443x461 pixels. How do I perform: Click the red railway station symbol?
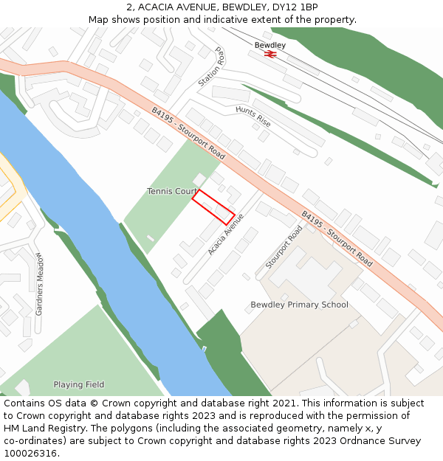(271, 54)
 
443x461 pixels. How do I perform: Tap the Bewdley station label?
(270, 45)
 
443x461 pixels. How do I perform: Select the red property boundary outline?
(213, 207)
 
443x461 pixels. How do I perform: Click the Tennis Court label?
(172, 191)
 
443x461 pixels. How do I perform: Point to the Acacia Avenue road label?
(226, 235)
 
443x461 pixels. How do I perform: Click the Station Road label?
(211, 67)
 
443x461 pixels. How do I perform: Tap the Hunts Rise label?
(253, 116)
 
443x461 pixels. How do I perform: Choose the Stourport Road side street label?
(284, 246)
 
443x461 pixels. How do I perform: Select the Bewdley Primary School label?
(299, 305)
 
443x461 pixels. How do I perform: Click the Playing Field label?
(78, 384)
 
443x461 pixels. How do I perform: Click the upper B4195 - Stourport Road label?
(188, 134)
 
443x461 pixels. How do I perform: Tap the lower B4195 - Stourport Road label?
(336, 238)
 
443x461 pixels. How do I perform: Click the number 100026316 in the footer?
(30, 453)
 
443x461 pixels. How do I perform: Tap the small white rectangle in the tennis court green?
(151, 238)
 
